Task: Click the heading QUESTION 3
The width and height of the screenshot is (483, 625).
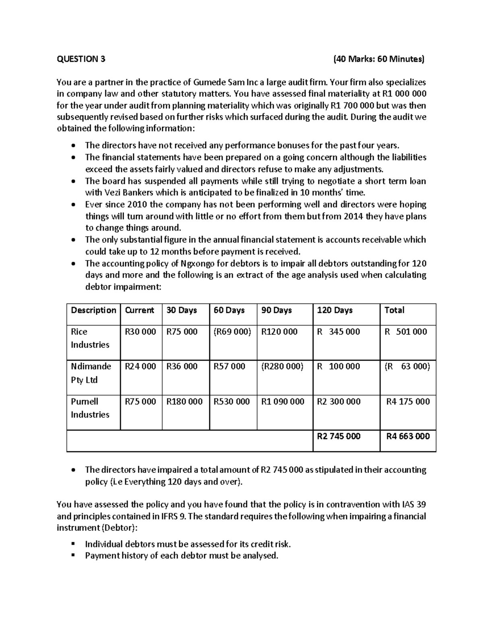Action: coord(81,59)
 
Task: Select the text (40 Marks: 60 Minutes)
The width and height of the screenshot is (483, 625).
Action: coord(379,59)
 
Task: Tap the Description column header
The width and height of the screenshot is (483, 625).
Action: coord(93,310)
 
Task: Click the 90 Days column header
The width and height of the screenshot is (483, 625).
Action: coord(277,310)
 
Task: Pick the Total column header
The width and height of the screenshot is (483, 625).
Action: coord(394,310)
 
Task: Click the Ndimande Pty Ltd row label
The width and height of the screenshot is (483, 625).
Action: coord(91,373)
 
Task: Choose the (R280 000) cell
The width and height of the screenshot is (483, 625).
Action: coord(282,367)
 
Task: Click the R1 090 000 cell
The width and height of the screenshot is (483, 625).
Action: coord(283,402)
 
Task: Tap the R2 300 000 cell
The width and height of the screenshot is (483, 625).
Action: coord(339,402)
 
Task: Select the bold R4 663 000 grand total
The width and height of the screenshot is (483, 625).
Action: coord(408,436)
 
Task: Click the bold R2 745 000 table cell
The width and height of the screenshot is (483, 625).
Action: coord(339,436)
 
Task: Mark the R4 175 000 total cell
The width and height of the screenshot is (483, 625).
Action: coord(408,402)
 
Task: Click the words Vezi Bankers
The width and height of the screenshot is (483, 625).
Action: coord(111,192)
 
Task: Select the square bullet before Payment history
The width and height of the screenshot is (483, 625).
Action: coord(73,556)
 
